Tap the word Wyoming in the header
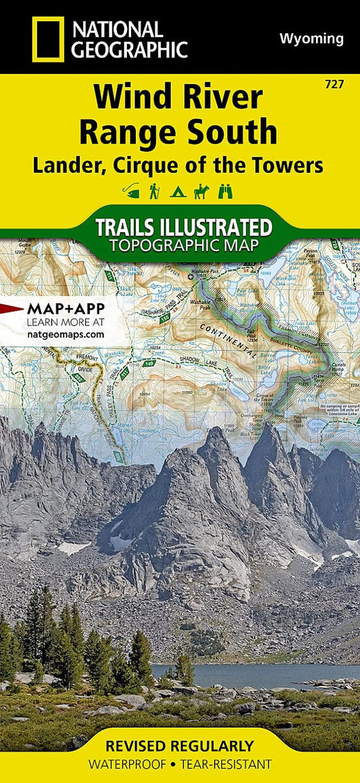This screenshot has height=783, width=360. [311, 38]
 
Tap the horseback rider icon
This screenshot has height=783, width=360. [201, 192]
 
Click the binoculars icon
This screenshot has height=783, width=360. [224, 192]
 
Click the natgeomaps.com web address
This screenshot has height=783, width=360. [66, 333]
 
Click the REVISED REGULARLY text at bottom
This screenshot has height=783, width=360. [180, 746]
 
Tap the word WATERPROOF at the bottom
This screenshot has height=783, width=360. [125, 765]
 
